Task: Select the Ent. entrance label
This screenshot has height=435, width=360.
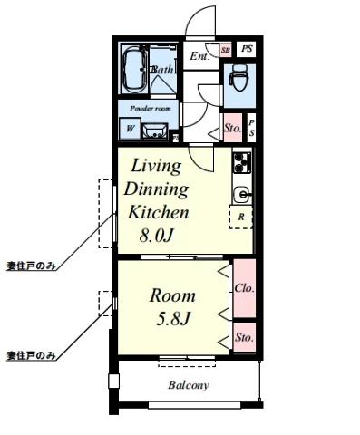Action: pos(199,55)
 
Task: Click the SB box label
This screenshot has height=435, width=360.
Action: pos(226,49)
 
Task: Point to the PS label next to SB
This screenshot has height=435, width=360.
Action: pos(247,49)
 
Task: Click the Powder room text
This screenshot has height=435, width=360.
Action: pos(149,108)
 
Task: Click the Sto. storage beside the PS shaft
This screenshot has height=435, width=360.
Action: pos(232,128)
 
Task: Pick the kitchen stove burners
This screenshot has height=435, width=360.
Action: pos(242,163)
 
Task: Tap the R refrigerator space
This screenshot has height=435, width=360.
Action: pos(241,217)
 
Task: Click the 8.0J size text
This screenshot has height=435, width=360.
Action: pos(156,237)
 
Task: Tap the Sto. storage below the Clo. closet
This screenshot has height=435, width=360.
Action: pos(243,337)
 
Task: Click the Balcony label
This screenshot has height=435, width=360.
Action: pos(188,385)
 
